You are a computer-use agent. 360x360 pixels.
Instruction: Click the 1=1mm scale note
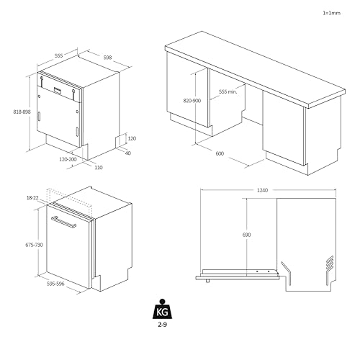tap(331, 13)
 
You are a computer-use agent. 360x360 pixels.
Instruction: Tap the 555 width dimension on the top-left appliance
tap(58, 55)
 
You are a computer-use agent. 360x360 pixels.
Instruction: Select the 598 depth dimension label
tap(107, 58)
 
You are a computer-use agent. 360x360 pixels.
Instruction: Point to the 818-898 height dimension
tap(22, 112)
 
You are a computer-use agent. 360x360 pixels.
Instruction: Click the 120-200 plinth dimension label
tap(68, 159)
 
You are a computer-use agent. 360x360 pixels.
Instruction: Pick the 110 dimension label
tap(99, 167)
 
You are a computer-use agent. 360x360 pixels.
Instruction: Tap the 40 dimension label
tap(128, 153)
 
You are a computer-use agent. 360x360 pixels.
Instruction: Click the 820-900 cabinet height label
tap(192, 101)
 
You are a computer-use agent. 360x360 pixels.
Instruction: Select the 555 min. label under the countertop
tap(228, 91)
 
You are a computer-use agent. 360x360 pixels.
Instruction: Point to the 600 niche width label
tap(220, 153)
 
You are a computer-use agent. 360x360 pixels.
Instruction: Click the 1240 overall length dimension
tap(262, 190)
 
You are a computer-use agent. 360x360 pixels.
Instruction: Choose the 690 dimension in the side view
tap(246, 235)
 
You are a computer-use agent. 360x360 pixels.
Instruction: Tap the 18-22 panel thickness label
tap(32, 198)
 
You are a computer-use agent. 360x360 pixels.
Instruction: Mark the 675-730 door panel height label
tap(34, 245)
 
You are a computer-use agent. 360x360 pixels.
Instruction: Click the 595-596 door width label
tap(55, 284)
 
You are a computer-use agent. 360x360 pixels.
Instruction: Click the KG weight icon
tap(162, 309)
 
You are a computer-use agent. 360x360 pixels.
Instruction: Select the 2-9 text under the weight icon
tap(162, 325)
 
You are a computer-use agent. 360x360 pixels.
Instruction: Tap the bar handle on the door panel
tap(63, 222)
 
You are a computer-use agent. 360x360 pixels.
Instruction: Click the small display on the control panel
tap(58, 90)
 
